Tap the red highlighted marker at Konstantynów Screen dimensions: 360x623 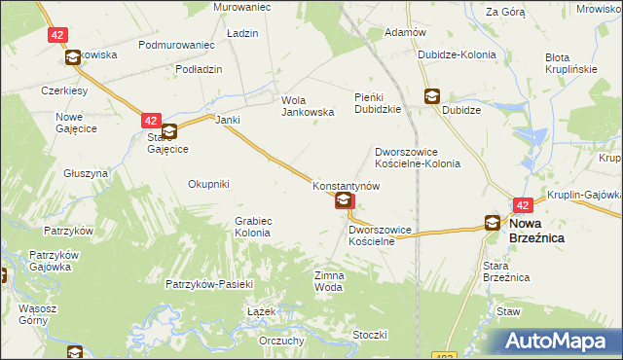click(x=345, y=201)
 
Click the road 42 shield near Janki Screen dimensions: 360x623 click(x=150, y=121)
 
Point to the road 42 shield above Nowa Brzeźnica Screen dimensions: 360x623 click(x=523, y=205)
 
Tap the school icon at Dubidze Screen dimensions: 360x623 click(x=431, y=96)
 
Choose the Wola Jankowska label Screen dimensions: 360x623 click(x=308, y=106)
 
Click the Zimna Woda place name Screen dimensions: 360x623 click(x=328, y=281)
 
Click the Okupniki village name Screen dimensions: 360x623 click(x=208, y=183)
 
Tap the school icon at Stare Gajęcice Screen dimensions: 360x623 click(x=169, y=132)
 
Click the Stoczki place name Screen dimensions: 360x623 click(x=371, y=335)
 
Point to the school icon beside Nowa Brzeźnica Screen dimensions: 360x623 click(x=494, y=223)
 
